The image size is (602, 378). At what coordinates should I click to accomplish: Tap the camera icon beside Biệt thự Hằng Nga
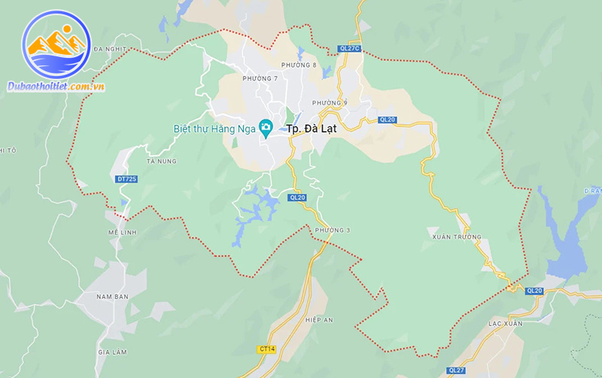(x=266, y=129)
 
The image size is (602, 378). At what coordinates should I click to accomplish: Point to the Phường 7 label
(x=260, y=78)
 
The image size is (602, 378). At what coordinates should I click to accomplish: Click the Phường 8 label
(x=299, y=65)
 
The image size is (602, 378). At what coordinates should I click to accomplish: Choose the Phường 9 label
(x=330, y=102)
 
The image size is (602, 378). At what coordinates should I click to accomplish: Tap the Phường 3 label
(x=333, y=229)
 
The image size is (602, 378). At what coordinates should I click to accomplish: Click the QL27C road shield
(x=350, y=49)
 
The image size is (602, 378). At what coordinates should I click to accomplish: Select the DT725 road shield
(x=127, y=179)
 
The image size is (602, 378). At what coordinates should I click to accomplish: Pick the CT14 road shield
(x=267, y=349)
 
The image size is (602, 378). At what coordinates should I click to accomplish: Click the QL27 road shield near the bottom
(x=456, y=370)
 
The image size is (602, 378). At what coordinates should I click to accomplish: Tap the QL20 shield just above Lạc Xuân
(x=534, y=290)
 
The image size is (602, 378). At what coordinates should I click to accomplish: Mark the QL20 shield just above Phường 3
(x=297, y=198)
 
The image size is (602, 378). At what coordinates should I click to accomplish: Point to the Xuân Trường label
(x=457, y=237)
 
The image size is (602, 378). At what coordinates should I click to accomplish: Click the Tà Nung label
(x=161, y=161)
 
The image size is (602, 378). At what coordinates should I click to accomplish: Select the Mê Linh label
(x=123, y=232)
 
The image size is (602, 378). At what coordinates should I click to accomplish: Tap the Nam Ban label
(x=113, y=297)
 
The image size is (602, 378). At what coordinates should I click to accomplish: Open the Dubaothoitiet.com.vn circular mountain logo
(x=56, y=44)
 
